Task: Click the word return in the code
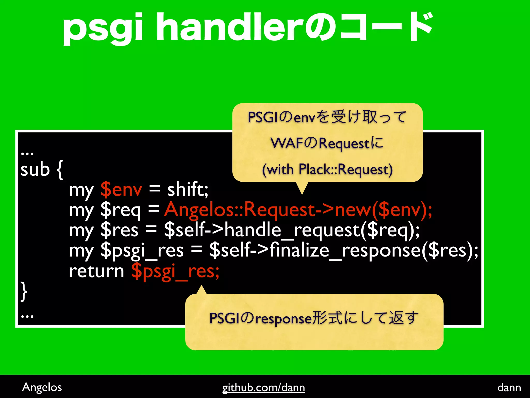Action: coord(97,271)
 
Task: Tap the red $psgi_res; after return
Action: coord(175,272)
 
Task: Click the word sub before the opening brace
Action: coord(35,170)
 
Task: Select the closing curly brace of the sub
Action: coord(24,292)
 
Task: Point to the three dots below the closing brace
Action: coord(27,316)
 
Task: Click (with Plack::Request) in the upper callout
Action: coord(327,170)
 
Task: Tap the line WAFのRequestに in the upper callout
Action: coord(327,143)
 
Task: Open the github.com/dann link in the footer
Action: coord(263,388)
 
